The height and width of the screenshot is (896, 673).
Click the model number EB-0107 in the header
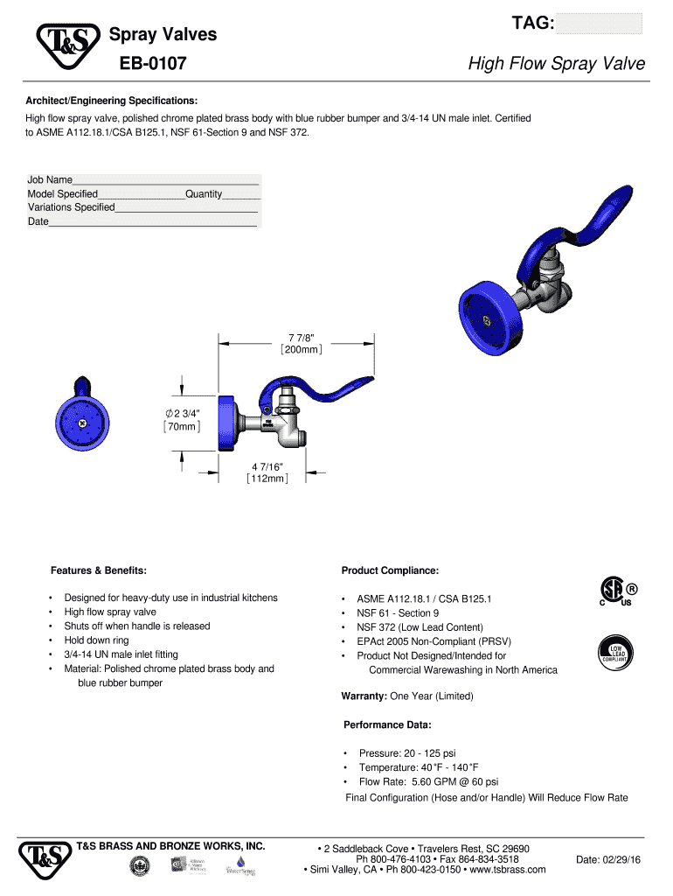click(152, 64)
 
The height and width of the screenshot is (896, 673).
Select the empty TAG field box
click(599, 24)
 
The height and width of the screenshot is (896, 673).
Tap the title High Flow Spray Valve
click(557, 64)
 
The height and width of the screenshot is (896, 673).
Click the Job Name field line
click(166, 180)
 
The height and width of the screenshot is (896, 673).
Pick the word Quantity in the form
click(204, 193)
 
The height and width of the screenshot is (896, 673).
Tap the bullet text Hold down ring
click(96, 640)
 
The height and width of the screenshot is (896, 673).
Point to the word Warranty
click(364, 696)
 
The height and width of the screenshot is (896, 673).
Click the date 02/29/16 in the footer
click(608, 860)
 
